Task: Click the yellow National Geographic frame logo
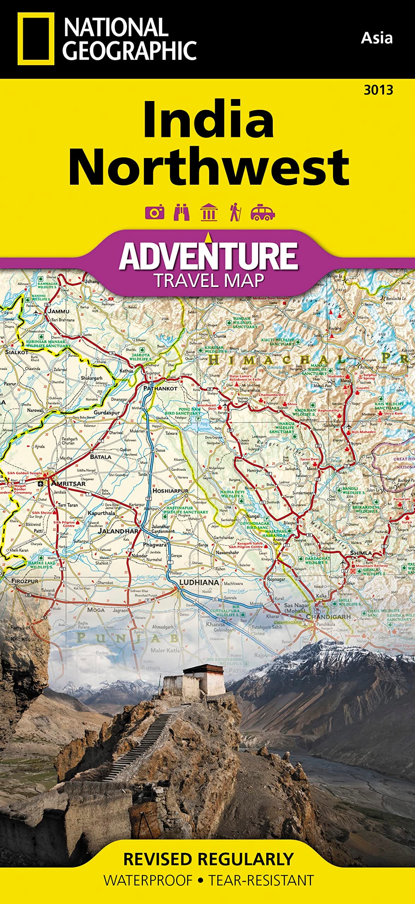(x=36, y=39)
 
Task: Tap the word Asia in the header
(x=376, y=38)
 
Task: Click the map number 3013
(x=378, y=90)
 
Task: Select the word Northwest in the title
(x=209, y=167)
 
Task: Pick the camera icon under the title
(x=155, y=213)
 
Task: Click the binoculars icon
(x=181, y=213)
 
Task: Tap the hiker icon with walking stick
(x=235, y=212)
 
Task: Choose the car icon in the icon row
(x=262, y=213)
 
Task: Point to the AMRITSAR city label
(x=68, y=483)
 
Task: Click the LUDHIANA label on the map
(x=199, y=582)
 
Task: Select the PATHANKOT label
(x=160, y=388)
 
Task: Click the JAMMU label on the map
(x=59, y=311)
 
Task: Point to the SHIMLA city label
(x=361, y=553)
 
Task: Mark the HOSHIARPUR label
(x=170, y=490)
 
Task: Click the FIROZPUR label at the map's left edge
(x=25, y=581)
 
